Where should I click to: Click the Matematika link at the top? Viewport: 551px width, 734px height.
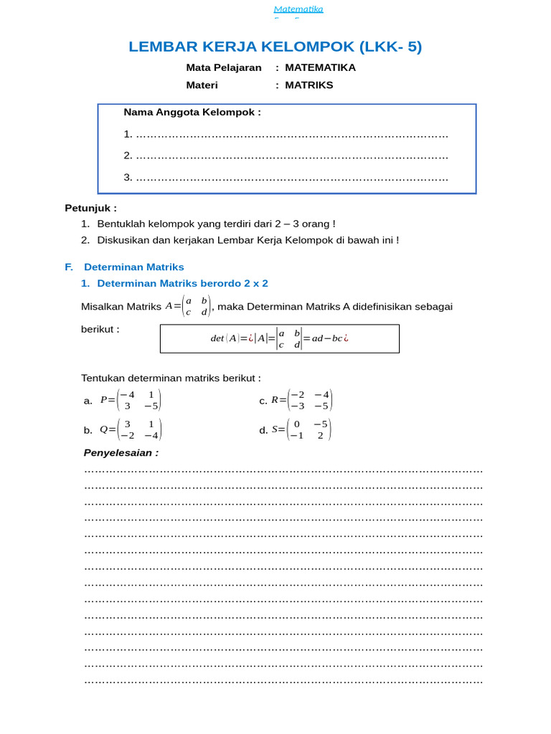pyautogui.click(x=298, y=9)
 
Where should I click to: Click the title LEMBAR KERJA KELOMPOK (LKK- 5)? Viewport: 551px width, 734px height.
pyautogui.click(x=275, y=47)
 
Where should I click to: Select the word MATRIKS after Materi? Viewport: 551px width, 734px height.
pyautogui.click(x=309, y=85)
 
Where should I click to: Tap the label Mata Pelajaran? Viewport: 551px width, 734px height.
pyautogui.click(x=224, y=68)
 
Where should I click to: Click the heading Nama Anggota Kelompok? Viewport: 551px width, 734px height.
pyautogui.click(x=192, y=112)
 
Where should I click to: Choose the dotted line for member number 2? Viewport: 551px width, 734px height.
pyautogui.click(x=291, y=156)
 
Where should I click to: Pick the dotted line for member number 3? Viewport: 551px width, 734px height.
pyautogui.click(x=291, y=177)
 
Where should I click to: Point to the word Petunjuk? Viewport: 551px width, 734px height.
pyautogui.click(x=90, y=209)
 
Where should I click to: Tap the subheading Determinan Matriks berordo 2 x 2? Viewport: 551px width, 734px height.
pyautogui.click(x=182, y=283)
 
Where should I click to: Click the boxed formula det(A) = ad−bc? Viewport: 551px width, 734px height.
pyautogui.click(x=280, y=338)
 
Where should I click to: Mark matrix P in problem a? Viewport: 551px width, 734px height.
pyautogui.click(x=131, y=400)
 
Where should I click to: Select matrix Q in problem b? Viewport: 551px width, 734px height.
pyautogui.click(x=131, y=429)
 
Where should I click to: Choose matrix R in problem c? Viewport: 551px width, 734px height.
pyautogui.click(x=302, y=400)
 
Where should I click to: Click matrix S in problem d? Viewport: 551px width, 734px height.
pyautogui.click(x=302, y=429)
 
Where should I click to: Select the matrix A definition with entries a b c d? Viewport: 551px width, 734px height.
pyautogui.click(x=188, y=306)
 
